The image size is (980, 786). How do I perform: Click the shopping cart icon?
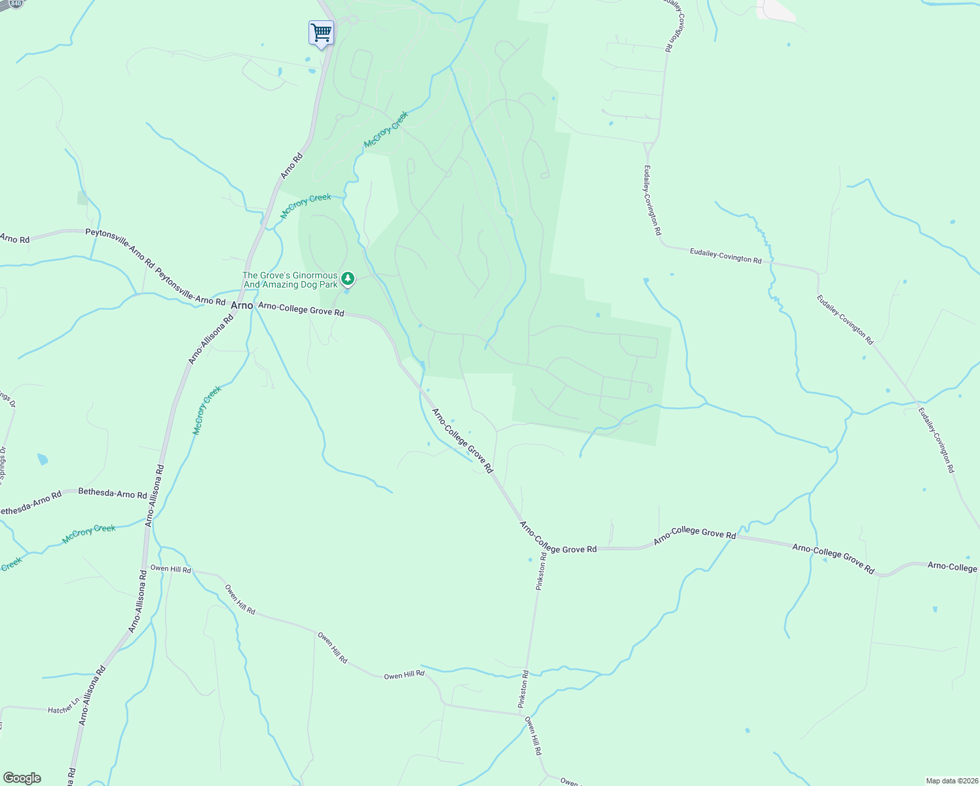(x=321, y=32)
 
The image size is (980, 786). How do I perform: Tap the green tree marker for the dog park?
(x=348, y=280)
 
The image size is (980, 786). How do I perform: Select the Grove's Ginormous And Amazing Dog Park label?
(x=290, y=280)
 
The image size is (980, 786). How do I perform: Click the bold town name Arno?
(x=242, y=305)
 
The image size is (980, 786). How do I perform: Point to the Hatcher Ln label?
(x=63, y=709)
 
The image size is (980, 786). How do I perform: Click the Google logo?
(x=22, y=778)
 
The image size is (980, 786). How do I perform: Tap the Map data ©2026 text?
(x=951, y=781)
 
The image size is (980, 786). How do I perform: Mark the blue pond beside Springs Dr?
(x=43, y=458)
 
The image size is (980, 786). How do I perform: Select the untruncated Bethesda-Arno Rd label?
(x=113, y=493)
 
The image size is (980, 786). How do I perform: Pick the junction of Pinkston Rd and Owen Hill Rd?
(x=523, y=713)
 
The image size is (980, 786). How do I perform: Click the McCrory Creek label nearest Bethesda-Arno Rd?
(x=88, y=534)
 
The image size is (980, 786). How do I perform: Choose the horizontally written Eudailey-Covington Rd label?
(x=725, y=255)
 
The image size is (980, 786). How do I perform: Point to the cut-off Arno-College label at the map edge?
(x=952, y=567)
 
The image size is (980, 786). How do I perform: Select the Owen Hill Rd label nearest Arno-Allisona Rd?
(x=170, y=569)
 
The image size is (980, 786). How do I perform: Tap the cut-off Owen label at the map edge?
(x=569, y=781)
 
